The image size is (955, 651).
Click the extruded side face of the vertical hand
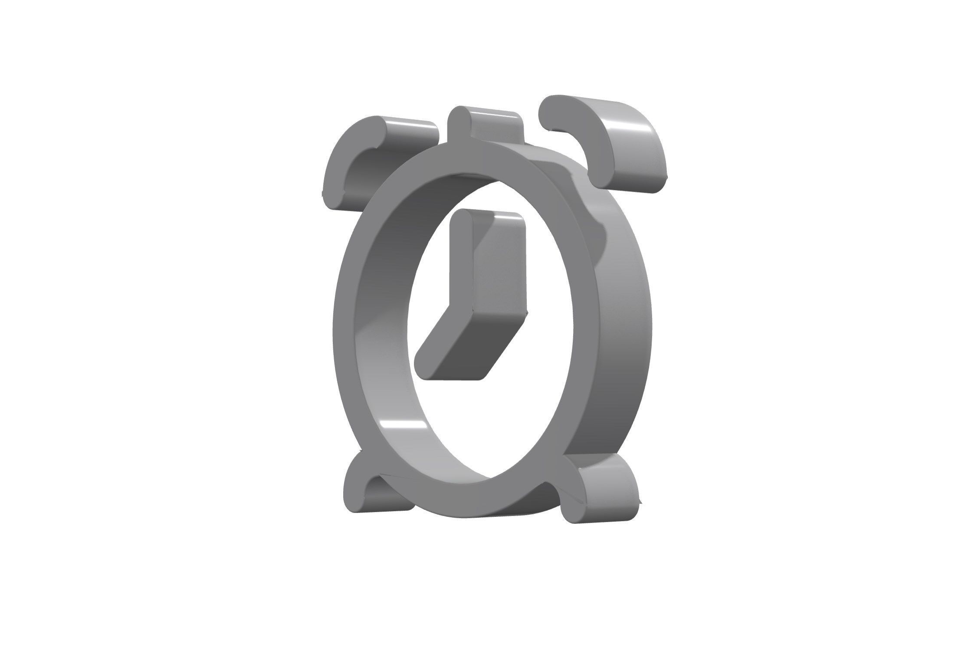click(x=499, y=269)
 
